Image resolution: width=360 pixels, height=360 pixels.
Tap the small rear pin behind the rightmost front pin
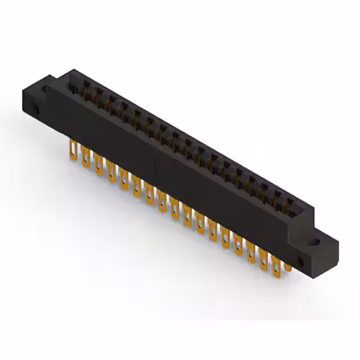[x=287, y=264]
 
